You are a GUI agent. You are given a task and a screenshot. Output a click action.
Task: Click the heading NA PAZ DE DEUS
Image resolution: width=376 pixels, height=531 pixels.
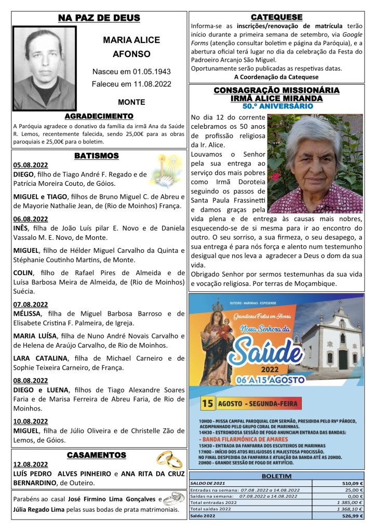click(99, 18)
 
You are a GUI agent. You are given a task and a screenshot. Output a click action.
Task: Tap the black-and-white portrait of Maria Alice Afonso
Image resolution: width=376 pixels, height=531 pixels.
click(44, 67)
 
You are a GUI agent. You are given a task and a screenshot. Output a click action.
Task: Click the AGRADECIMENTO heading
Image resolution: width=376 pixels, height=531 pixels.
click(99, 116)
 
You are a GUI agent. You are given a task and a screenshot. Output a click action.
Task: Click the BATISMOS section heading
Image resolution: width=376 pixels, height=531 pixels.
click(96, 155)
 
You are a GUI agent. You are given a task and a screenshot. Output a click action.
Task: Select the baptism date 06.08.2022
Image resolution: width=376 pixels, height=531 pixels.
click(31, 219)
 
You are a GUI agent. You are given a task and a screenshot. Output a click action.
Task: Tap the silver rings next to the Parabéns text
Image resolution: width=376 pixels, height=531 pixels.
click(174, 498)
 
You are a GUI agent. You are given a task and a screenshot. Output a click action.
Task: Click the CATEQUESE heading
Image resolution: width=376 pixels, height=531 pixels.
click(276, 17)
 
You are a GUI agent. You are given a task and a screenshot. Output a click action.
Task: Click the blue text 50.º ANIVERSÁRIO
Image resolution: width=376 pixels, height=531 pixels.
click(277, 106)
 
